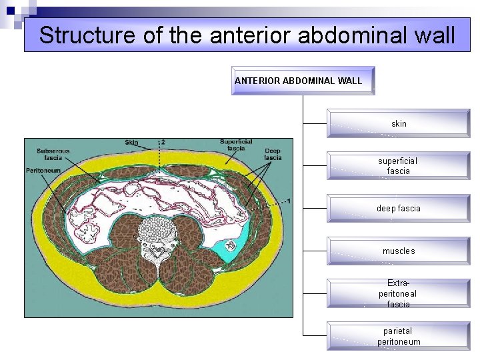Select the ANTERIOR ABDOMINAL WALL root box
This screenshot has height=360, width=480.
coord(303,81)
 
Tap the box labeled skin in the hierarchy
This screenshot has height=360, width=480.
coord(399,124)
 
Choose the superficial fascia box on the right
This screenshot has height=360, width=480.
coord(399,166)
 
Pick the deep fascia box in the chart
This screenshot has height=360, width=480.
coord(399,209)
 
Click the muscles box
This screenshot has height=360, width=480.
coord(399,251)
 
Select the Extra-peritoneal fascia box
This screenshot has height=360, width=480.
coord(399,293)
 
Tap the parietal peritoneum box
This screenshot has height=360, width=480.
coord(399,336)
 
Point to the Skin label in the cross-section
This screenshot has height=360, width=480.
coord(131,143)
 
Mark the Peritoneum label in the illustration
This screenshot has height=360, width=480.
coord(43,171)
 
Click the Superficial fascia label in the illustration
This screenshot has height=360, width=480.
coord(236,145)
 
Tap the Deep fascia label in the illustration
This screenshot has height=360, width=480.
coord(273,155)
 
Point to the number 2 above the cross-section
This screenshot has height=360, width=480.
coord(163,143)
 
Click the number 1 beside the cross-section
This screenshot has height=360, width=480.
coord(288,201)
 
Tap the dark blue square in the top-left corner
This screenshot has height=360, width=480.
coord(11,10)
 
